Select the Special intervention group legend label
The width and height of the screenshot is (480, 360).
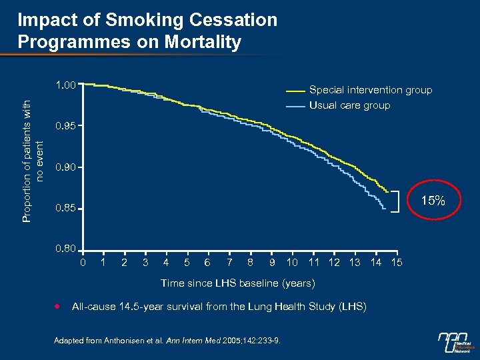click(371, 90)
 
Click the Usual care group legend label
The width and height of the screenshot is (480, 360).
click(349, 105)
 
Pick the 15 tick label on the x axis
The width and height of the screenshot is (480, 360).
click(397, 262)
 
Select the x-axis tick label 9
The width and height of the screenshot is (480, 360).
click(272, 262)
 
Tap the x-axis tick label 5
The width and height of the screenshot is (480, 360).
click(187, 262)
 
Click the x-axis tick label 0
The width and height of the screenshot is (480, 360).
click(83, 262)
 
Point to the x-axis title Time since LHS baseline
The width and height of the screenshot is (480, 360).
click(238, 283)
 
